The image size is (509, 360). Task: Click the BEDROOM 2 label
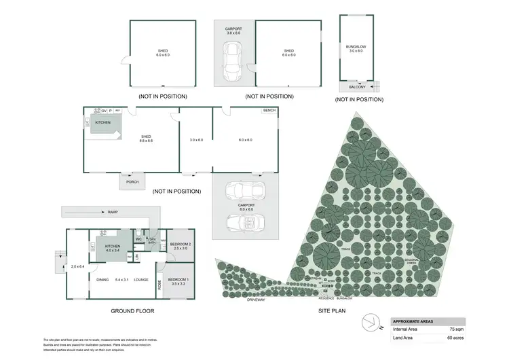coord(180,246)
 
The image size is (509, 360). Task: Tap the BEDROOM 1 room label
coord(179,280)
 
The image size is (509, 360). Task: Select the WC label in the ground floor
coord(138,239)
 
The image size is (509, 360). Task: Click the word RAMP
coord(113,213)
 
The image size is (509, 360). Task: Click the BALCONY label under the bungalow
coord(357,87)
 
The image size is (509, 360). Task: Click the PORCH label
coord(132,181)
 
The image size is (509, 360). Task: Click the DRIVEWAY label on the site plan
coord(256,299)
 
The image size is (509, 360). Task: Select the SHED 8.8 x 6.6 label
coord(146,138)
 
